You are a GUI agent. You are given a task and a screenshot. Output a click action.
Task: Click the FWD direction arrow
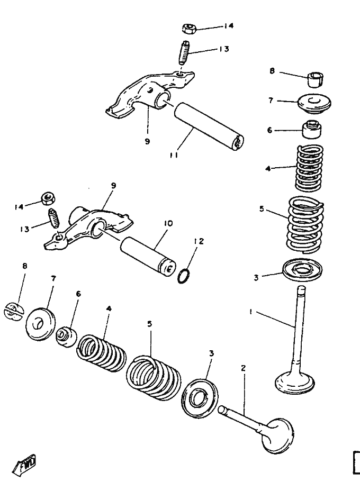point(24,465)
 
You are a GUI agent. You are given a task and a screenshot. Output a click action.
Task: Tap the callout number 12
point(199,241)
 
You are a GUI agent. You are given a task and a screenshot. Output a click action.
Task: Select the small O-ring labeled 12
point(184,276)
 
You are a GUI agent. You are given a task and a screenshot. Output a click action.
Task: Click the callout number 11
point(174,155)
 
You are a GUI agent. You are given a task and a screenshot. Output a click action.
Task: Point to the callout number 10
point(168,223)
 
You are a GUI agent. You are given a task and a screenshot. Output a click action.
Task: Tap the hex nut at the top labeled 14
point(189,29)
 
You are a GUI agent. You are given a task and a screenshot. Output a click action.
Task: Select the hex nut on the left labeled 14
point(49,198)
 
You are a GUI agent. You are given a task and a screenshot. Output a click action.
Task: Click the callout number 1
point(250,312)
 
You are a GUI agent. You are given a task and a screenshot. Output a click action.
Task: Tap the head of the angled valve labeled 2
point(278,435)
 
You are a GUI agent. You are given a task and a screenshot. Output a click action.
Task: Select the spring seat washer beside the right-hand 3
point(302,270)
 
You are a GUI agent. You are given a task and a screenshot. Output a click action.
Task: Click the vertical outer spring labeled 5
point(305,224)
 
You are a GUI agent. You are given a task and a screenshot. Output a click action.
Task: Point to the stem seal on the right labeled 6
point(311,129)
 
